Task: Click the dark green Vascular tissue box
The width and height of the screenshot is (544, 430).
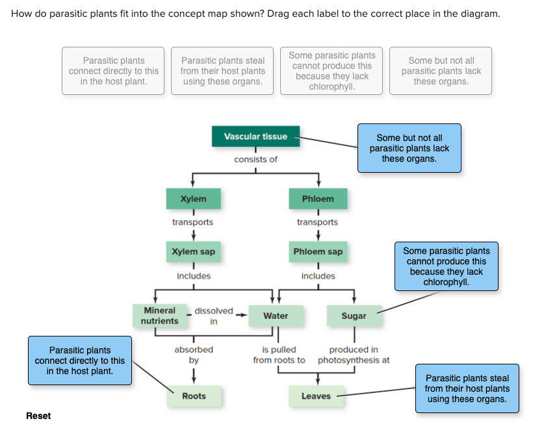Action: pyautogui.click(x=255, y=136)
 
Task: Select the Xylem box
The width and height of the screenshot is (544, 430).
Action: pyautogui.click(x=193, y=199)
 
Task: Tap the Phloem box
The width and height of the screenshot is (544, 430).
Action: pyautogui.click(x=318, y=199)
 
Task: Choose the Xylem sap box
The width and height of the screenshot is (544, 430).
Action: pyautogui.click(x=193, y=251)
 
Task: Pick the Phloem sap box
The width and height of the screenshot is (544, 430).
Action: pyautogui.click(x=318, y=251)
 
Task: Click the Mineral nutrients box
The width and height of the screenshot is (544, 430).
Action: pyautogui.click(x=159, y=316)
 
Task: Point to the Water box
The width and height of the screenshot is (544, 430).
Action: pyautogui.click(x=276, y=316)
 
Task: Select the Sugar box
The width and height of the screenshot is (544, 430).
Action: pyautogui.click(x=354, y=316)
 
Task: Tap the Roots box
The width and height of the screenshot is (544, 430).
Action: pyautogui.click(x=194, y=396)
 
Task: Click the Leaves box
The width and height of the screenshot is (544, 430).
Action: pyautogui.click(x=316, y=396)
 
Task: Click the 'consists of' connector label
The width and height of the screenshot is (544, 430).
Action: pyautogui.click(x=255, y=160)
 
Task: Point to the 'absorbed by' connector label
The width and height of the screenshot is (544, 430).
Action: pyautogui.click(x=194, y=355)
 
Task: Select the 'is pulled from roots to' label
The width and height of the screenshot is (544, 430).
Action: pyautogui.click(x=279, y=355)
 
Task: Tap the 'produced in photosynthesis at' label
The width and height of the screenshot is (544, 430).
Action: pyautogui.click(x=354, y=355)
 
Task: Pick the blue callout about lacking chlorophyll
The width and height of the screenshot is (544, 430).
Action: pyautogui.click(x=446, y=266)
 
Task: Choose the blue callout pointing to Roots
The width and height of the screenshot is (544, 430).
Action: pyautogui.click(x=79, y=360)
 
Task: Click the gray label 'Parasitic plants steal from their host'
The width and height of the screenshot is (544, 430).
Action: pyautogui.click(x=223, y=71)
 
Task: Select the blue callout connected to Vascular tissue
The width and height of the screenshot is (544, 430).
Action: pyautogui.click(x=409, y=148)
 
